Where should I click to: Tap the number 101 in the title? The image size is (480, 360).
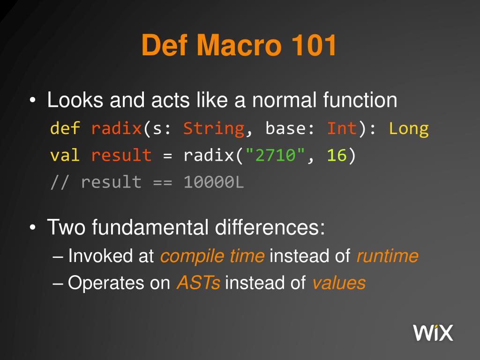pos(314,46)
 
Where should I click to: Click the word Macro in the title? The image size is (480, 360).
pos(237,46)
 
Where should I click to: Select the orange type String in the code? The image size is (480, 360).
pos(213,128)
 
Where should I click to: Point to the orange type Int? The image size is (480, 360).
pos(342,128)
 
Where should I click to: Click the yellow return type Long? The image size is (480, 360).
pos(408,128)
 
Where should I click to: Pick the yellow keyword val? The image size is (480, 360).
pos(65,155)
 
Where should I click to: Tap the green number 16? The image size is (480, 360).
pos(337,155)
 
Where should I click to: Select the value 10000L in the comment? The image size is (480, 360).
pos(214,182)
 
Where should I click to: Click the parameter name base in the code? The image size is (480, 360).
pos(285,128)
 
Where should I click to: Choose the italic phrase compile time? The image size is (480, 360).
pos(212,256)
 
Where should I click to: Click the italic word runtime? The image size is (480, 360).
pos(387,256)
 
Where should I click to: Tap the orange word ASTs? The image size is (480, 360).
pos(198,283)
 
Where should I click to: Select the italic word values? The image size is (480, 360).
pos(338,283)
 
